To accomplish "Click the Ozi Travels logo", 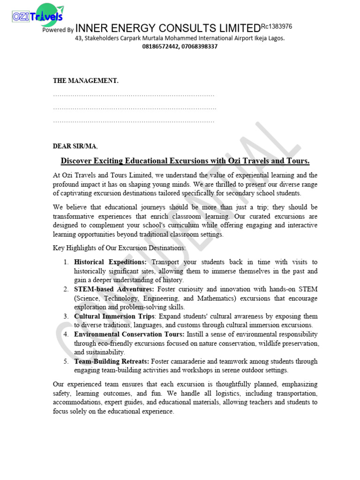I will click(x=37, y=15).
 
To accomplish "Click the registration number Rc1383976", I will click(x=276, y=27).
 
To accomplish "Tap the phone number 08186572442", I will click(x=160, y=46).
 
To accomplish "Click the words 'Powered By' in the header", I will click(x=58, y=30).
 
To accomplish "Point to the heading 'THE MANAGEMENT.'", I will click(x=85, y=81).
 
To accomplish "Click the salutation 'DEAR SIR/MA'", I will click(x=75, y=146).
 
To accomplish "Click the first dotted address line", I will click(x=134, y=95).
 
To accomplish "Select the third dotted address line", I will click(x=134, y=121).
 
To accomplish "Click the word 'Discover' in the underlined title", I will click(x=77, y=161).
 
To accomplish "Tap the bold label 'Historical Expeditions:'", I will click(x=111, y=262).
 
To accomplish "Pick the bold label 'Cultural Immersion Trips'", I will click(x=111, y=316).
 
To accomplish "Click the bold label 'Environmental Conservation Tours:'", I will click(x=129, y=334).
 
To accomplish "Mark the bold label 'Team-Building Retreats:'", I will click(x=112, y=361).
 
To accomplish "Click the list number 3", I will click(x=66, y=316).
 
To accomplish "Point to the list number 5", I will click(x=66, y=361).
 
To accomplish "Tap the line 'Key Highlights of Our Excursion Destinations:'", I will click(x=119, y=247).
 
